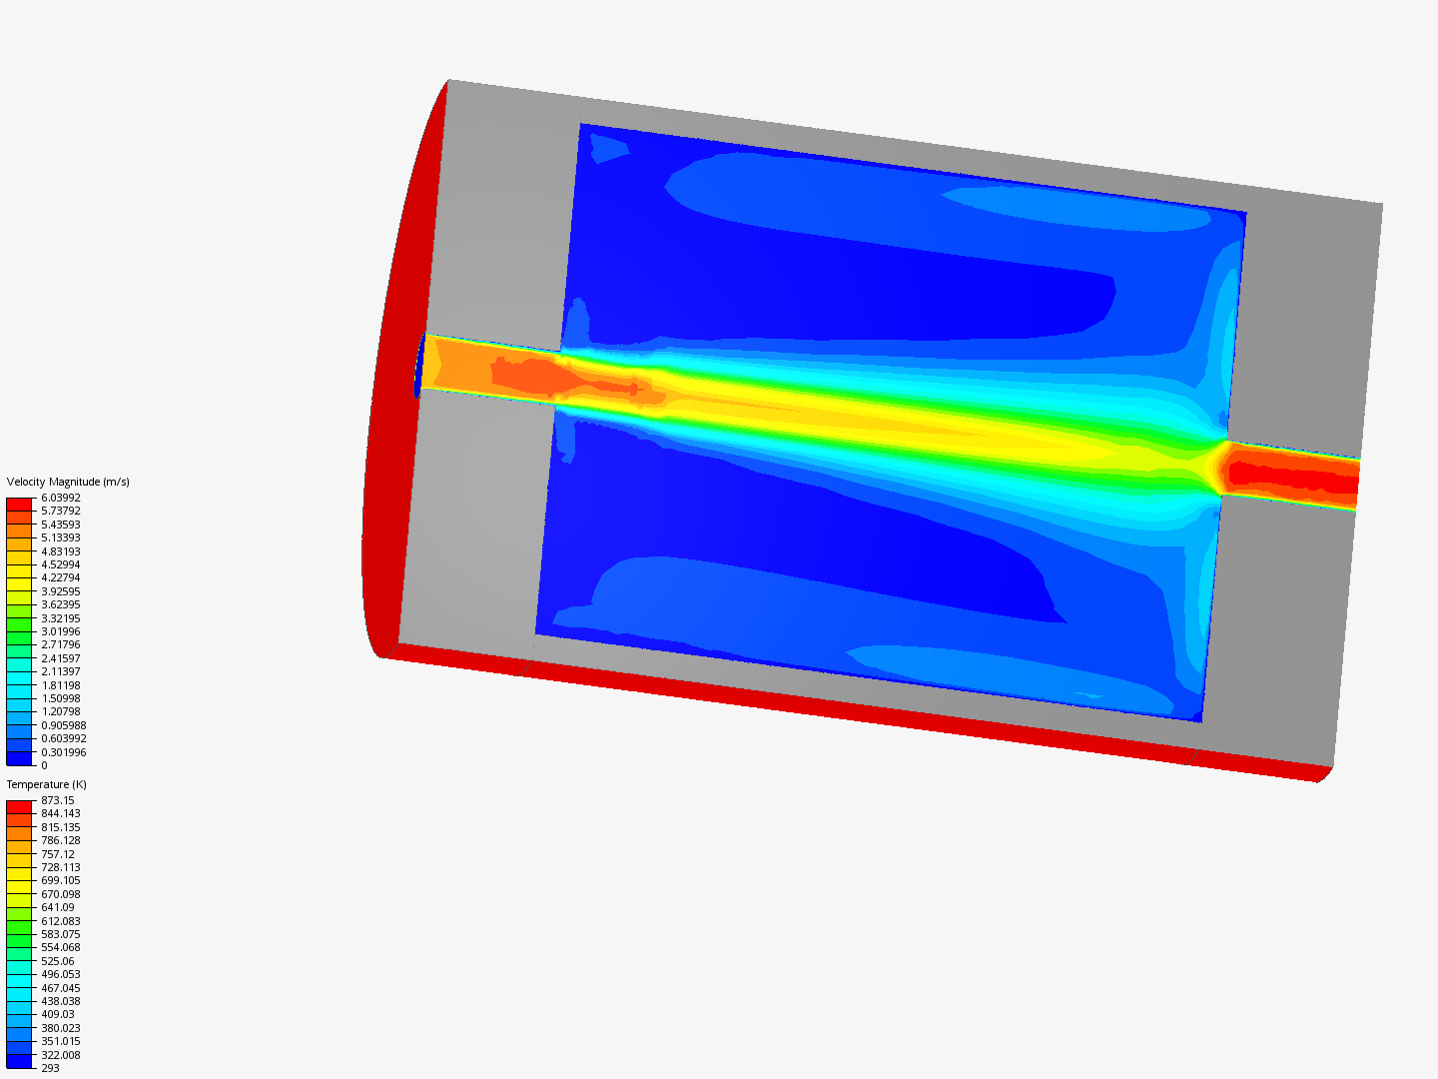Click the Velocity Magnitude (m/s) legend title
pyautogui.click(x=68, y=482)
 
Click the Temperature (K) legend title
pyautogui.click(x=47, y=784)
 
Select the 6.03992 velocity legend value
pyautogui.click(x=61, y=498)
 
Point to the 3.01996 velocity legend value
pyautogui.click(x=61, y=631)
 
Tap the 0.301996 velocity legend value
pyautogui.click(x=64, y=752)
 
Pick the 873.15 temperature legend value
pyautogui.click(x=58, y=800)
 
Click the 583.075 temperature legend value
pyautogui.click(x=61, y=934)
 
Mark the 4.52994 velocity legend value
pyautogui.click(x=61, y=564)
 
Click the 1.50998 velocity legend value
pyautogui.click(x=61, y=698)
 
